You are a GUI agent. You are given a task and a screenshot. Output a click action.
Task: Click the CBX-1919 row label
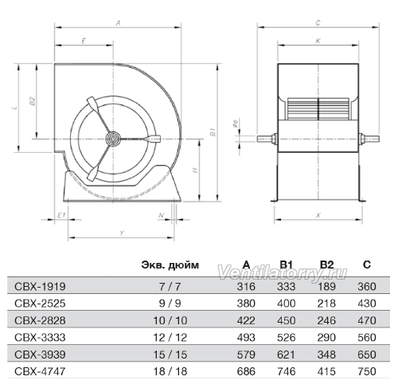pos(40,287)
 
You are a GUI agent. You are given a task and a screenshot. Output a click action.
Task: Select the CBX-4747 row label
pos(40,371)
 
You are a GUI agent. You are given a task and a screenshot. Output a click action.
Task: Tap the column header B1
pos(287,265)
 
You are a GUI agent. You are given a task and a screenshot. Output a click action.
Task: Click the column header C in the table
pos(367,265)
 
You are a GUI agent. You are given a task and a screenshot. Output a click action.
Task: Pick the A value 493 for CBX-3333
pos(246,338)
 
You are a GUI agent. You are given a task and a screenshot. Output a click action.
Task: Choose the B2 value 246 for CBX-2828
pos(326,320)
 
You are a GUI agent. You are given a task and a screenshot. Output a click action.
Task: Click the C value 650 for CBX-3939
pos(367,355)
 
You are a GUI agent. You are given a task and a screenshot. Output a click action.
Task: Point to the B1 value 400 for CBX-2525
pos(287,304)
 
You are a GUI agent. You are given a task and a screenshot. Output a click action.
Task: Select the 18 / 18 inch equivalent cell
pos(170,371)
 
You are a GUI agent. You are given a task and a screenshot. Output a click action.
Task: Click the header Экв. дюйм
pos(170,265)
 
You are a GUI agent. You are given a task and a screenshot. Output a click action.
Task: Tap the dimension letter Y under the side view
pos(122,233)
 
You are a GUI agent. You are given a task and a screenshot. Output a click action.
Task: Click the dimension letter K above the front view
pos(318,41)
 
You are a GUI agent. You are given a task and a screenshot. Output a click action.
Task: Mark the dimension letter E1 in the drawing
pos(61,215)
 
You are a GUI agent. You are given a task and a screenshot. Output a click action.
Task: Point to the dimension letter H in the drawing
pos(195,170)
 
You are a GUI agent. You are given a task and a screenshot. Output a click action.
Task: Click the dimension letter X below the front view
pos(318,215)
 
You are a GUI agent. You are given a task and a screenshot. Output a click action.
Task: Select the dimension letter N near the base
pos(161,215)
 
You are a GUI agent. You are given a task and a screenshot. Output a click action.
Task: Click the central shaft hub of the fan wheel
pos(113,139)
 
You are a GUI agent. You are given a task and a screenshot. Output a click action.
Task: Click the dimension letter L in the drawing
pos(15,108)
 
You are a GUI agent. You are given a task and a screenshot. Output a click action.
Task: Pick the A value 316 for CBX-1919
pos(246,287)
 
